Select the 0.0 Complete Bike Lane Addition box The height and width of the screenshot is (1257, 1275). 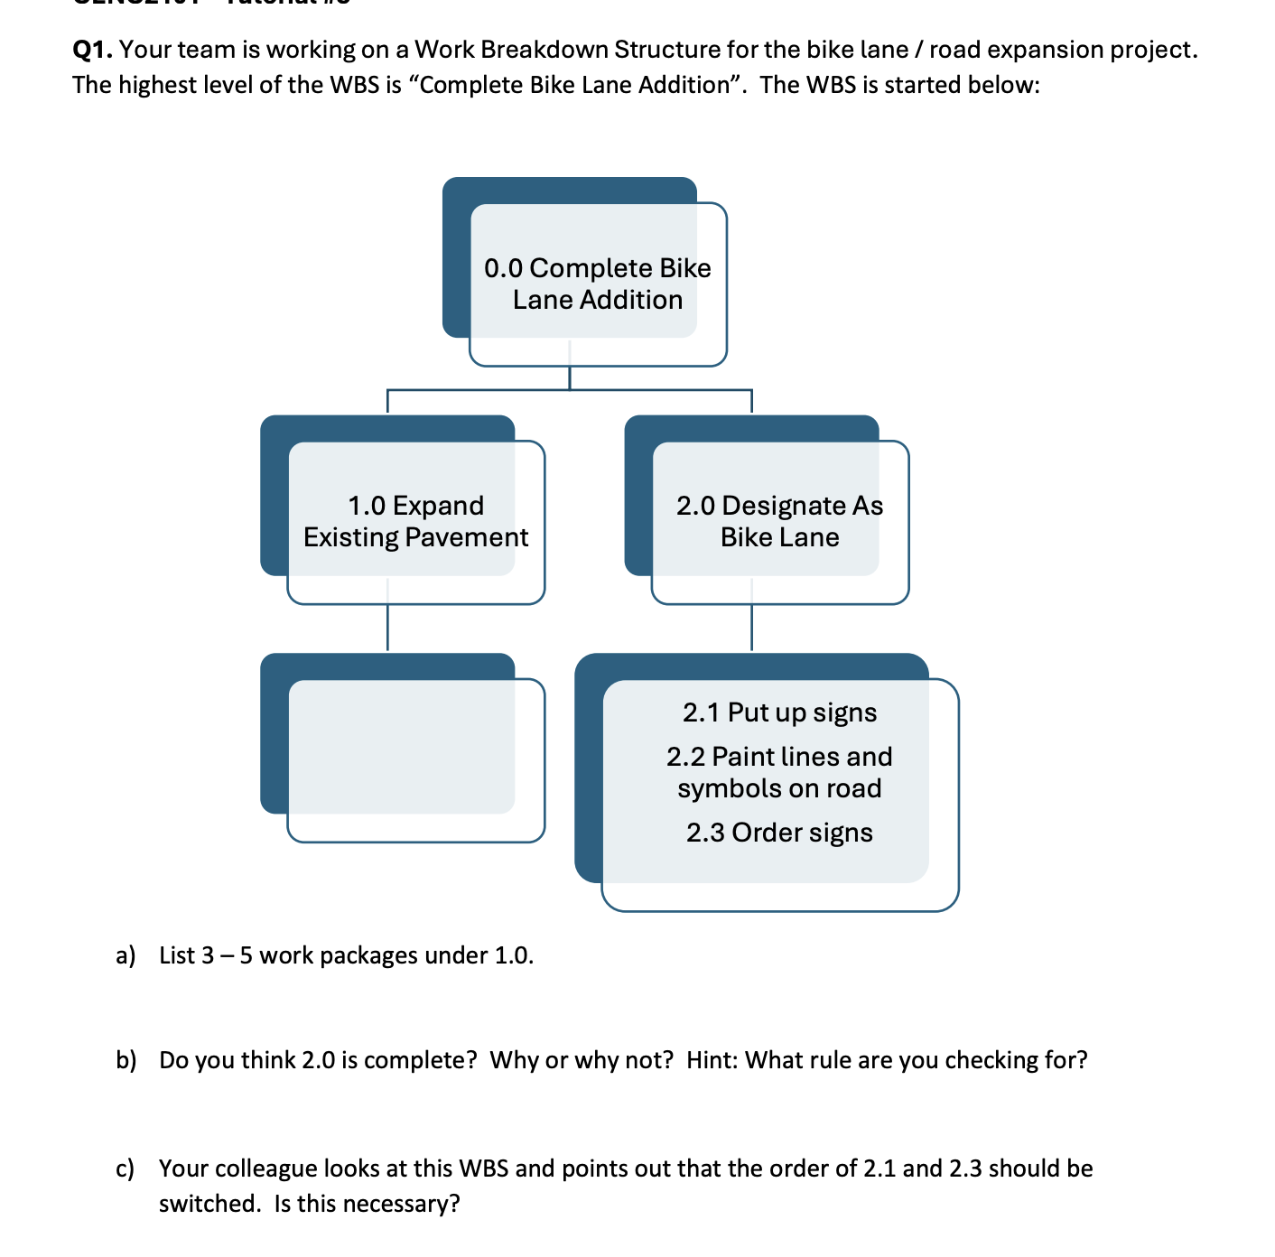click(x=597, y=284)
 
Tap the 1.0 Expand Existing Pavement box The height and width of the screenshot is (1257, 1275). click(x=415, y=521)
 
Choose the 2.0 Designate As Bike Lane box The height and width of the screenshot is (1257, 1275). click(x=779, y=521)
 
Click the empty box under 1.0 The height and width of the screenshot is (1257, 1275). click(x=415, y=759)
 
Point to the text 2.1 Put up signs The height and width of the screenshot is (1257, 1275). click(x=779, y=712)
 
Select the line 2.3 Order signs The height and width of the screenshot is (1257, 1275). click(x=779, y=833)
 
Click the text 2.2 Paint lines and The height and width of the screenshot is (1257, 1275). click(x=779, y=757)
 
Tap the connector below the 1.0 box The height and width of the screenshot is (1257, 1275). click(x=387, y=627)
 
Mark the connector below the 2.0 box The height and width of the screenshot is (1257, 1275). click(x=751, y=627)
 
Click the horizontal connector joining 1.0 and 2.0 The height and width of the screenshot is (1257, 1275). click(x=569, y=390)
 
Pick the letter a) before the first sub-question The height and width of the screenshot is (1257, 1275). click(x=126, y=955)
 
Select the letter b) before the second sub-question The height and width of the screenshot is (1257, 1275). click(x=126, y=1060)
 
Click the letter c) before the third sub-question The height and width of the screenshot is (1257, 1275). click(x=126, y=1169)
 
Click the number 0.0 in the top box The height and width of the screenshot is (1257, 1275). click(x=503, y=268)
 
